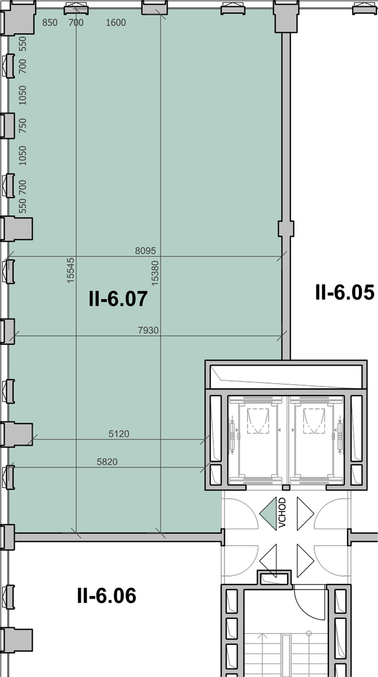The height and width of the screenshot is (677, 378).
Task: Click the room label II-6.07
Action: pos(118,298)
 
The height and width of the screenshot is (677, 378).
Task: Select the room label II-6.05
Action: pos(345,292)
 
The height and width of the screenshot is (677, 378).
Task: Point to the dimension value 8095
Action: pos(146,250)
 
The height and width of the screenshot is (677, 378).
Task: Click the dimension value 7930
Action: pos(148,330)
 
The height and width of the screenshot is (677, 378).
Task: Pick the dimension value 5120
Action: pos(118,434)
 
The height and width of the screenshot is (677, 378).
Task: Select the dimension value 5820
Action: pos(107,461)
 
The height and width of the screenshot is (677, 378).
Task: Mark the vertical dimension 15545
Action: pos(70,270)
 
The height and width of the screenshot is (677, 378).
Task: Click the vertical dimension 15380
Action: pos(155,273)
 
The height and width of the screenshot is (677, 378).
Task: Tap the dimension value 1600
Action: pos(116,23)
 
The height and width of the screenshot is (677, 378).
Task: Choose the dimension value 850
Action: pos(50,23)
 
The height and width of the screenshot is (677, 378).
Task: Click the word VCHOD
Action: pos(282,513)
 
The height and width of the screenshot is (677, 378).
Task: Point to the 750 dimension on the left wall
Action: pos(23,125)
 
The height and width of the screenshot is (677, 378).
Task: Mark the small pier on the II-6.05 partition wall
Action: pos(286,228)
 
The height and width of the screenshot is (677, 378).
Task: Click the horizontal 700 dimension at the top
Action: pos(76,23)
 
